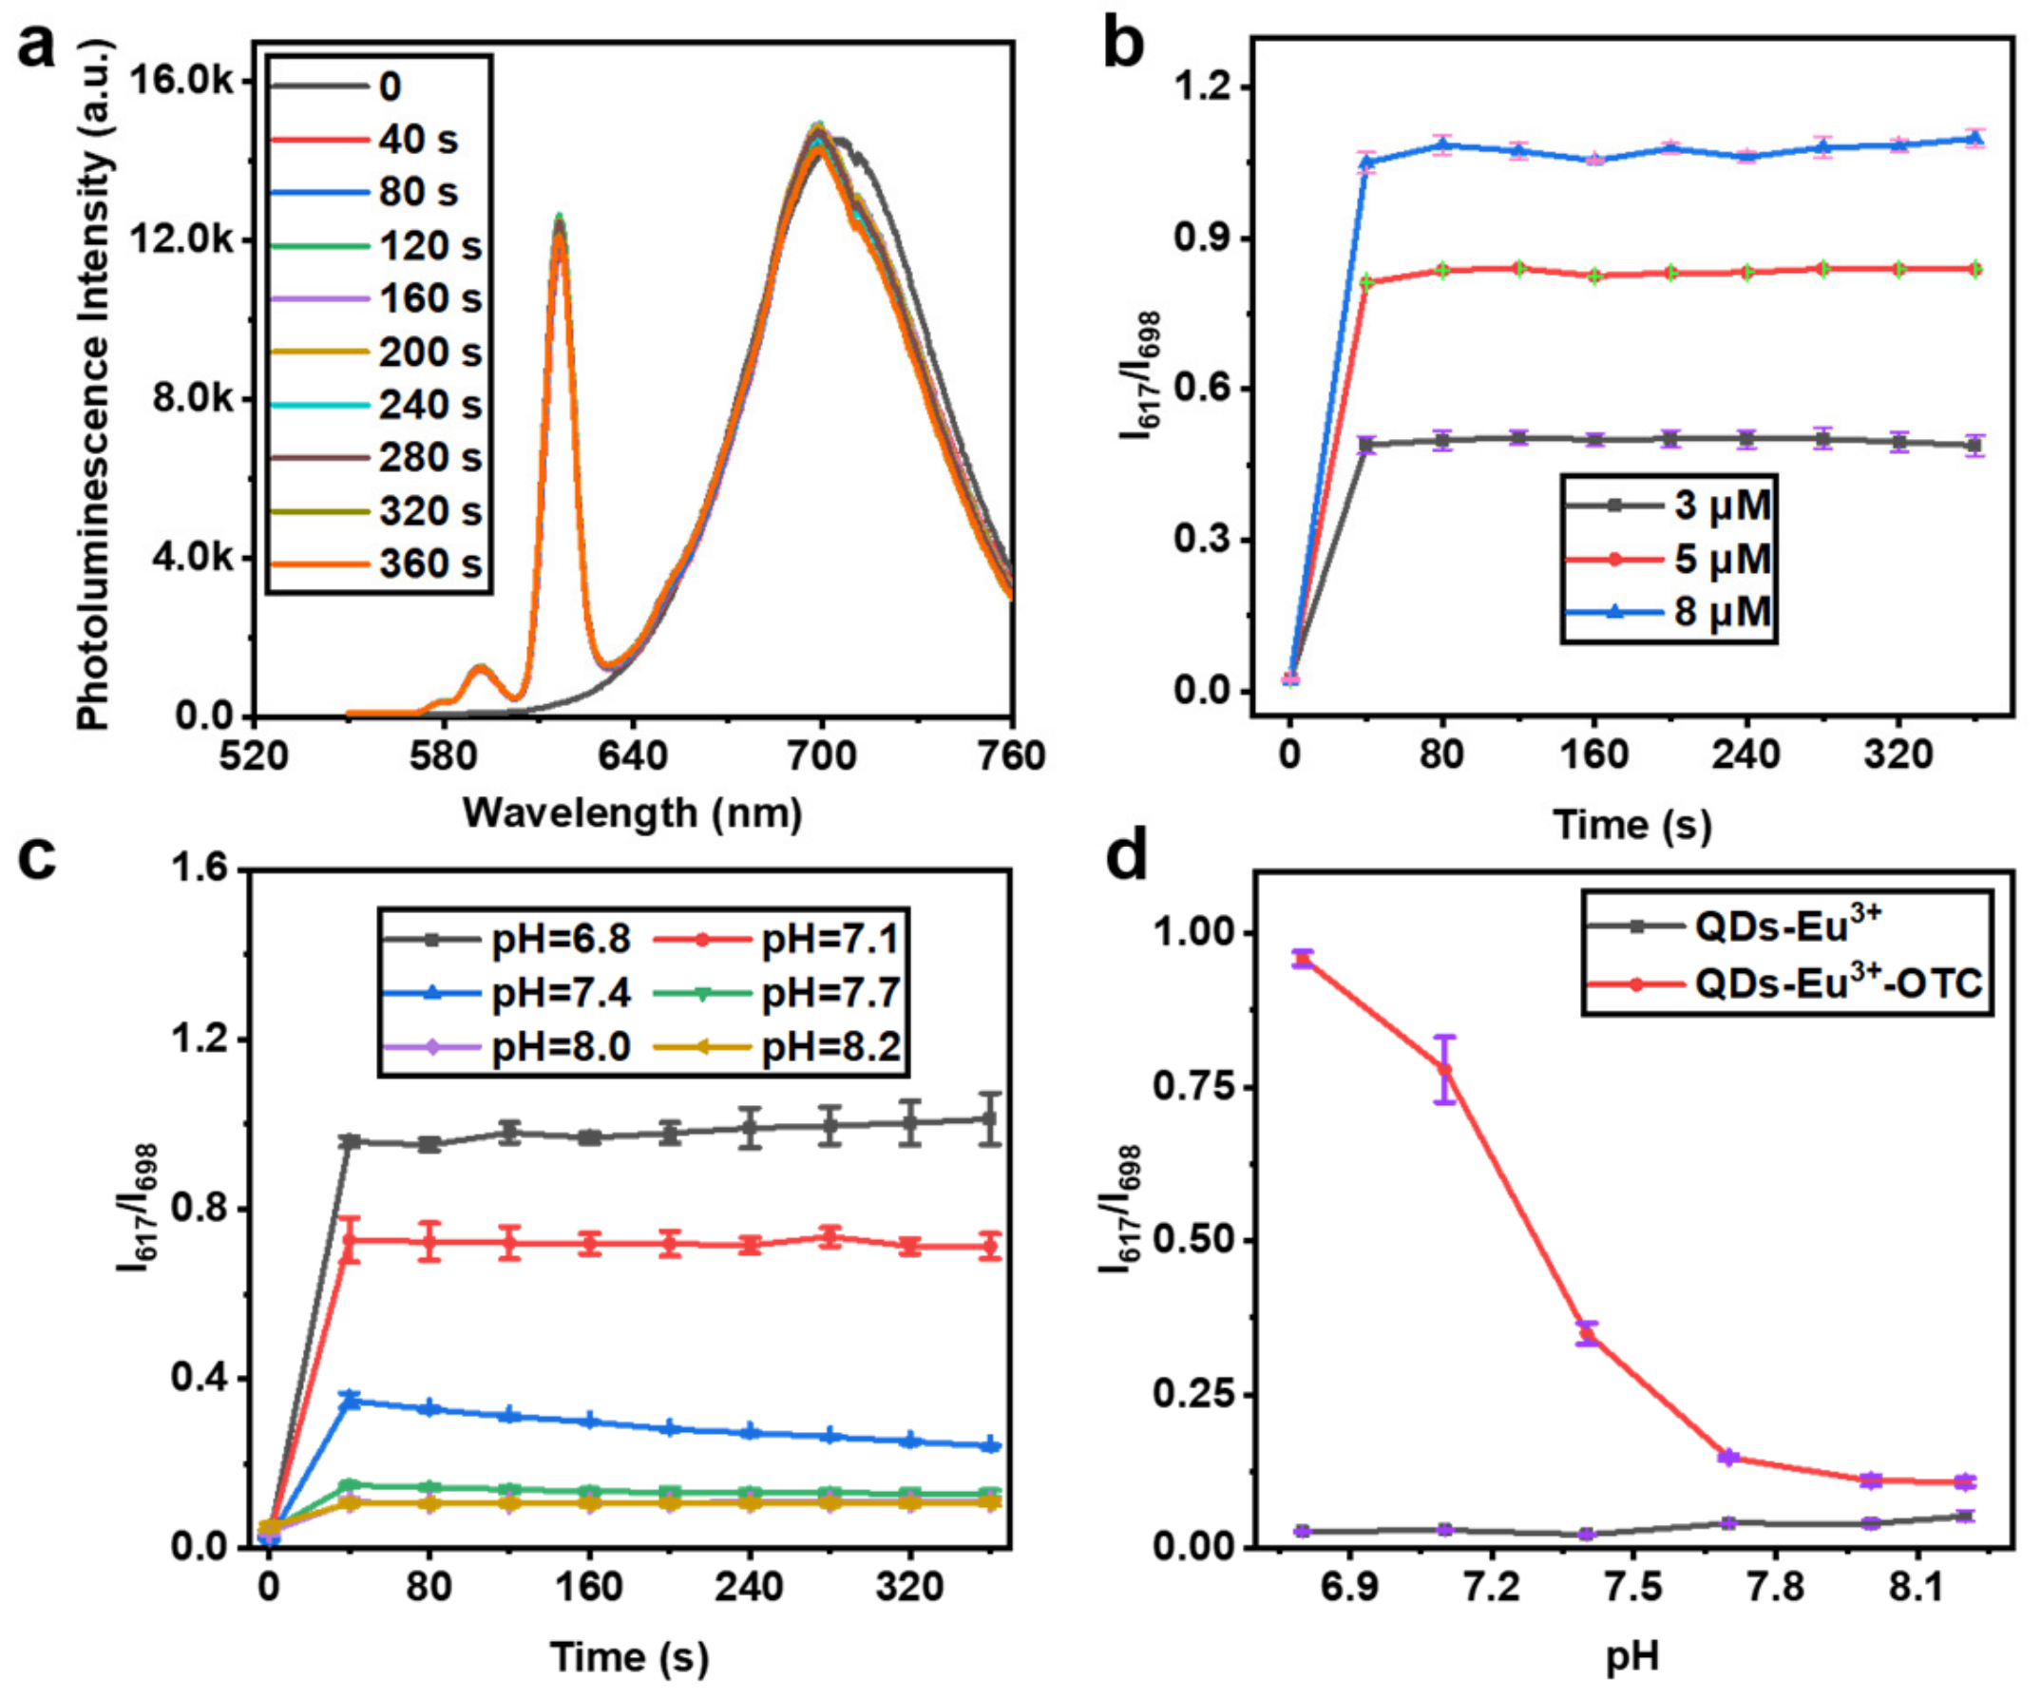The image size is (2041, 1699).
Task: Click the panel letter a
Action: (x=37, y=47)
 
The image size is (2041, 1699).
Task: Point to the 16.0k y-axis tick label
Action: (x=181, y=81)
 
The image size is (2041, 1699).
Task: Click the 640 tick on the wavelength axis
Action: (x=633, y=755)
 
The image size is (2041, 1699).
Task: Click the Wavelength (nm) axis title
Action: (x=632, y=812)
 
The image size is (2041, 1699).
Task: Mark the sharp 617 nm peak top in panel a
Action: (x=559, y=220)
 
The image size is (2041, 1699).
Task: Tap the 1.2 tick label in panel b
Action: (x=1203, y=87)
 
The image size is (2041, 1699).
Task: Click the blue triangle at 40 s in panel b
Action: (x=1366, y=162)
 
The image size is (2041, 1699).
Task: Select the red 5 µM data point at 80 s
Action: (x=1442, y=270)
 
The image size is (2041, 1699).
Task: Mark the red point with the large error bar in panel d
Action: (x=1445, y=1070)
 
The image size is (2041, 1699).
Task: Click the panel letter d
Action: (x=1128, y=858)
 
